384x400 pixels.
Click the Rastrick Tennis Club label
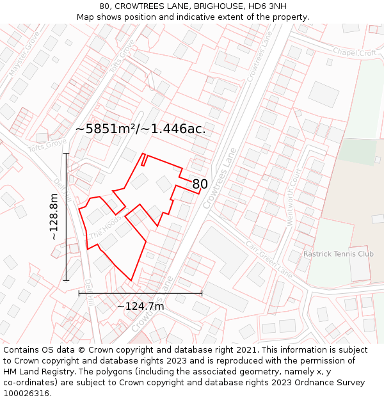coord(339,254)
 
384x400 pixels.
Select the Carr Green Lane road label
coord(269,259)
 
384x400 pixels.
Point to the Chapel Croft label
coord(354,52)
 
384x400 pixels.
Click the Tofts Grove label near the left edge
coord(47,146)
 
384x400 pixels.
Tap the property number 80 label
coord(200,184)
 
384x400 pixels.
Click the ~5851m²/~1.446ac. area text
coord(141,129)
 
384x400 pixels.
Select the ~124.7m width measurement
coord(140,307)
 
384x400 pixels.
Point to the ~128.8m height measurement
coord(54,217)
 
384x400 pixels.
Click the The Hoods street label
coord(105,228)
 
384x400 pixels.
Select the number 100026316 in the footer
coord(27,393)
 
